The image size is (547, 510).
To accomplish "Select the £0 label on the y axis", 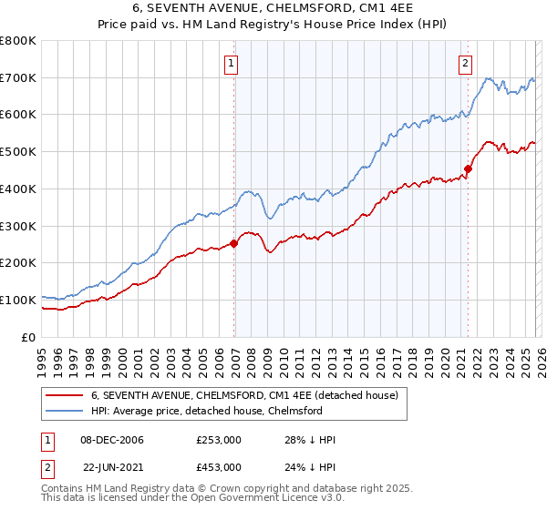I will pos(29,337).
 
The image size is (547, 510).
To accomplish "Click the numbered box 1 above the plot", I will pos(232,64).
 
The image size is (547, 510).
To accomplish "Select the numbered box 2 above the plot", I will pos(465,64).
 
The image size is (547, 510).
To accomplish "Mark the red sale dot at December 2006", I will pos(234,243).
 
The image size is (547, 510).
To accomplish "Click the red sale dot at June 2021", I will pos(469,168).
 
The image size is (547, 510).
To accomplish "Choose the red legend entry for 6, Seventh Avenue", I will pos(244,395).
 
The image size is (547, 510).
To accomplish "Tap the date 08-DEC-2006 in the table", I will pos(112,440).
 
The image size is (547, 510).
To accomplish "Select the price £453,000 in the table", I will pos(218,466).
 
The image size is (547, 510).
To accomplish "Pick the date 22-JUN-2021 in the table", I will pos(112,466).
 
